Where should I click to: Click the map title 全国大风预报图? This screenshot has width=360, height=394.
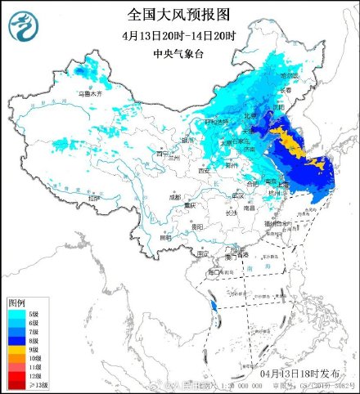click(x=179, y=14)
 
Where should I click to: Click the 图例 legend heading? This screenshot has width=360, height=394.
click(x=16, y=302)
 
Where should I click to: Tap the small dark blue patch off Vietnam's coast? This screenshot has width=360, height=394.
click(x=214, y=307)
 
